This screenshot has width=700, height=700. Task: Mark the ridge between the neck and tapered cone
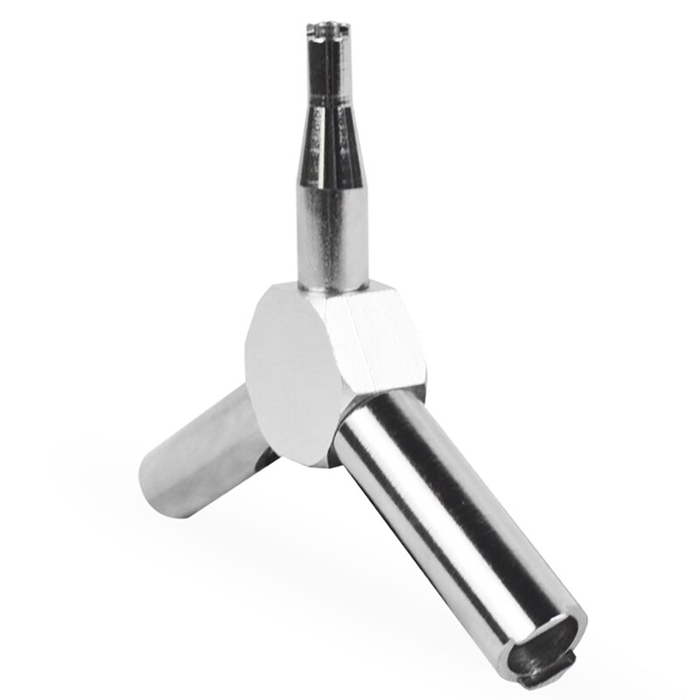321,103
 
